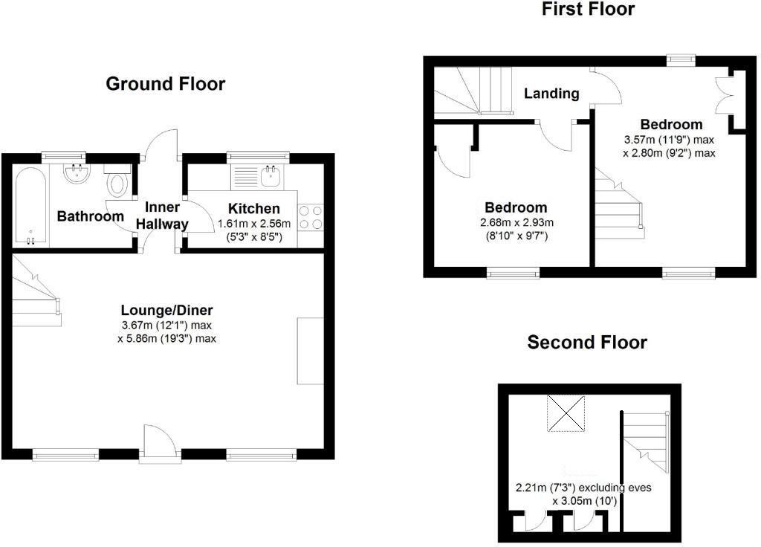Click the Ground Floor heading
tap(165, 83)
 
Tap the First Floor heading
tap(588, 9)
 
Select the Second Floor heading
tap(587, 342)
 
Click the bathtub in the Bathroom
tap(30, 206)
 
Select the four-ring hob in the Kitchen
tap(311, 217)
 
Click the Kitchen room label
tap(254, 209)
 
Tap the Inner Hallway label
tap(166, 216)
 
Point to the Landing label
tap(551, 94)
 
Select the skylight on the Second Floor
tap(567, 413)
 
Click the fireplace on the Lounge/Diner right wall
tap(310, 351)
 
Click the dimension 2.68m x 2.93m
tap(516, 222)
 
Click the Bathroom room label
tap(91, 216)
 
